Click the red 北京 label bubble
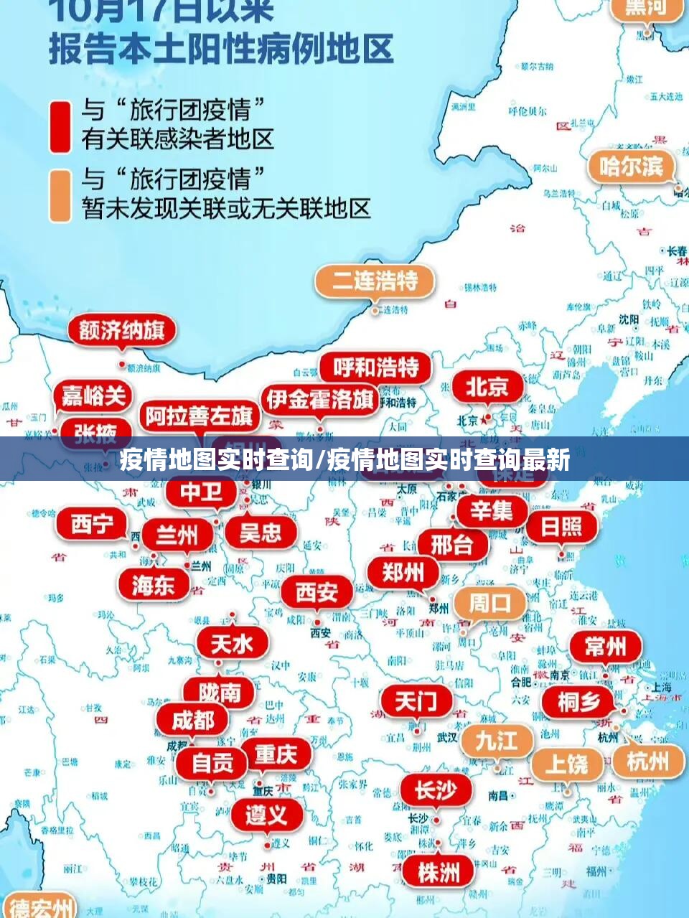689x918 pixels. (x=487, y=388)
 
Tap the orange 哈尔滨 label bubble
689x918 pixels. (x=632, y=167)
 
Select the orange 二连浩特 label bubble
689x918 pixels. (x=375, y=281)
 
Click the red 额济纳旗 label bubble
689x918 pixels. (x=122, y=331)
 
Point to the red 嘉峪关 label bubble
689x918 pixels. (x=93, y=395)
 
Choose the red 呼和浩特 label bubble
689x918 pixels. (x=375, y=368)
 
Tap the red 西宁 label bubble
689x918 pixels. (x=91, y=525)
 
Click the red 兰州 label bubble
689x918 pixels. (x=177, y=535)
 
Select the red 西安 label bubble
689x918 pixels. (x=317, y=592)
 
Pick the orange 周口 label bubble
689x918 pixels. (x=489, y=603)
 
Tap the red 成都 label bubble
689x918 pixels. (x=192, y=720)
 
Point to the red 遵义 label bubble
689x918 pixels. (x=266, y=815)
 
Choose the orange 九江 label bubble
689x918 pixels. (x=497, y=740)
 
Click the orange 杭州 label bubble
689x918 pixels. (x=647, y=760)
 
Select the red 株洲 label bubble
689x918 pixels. (x=439, y=873)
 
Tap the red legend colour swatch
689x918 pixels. (x=60, y=126)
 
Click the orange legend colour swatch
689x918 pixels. (x=60, y=195)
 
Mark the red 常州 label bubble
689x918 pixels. (x=605, y=647)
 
